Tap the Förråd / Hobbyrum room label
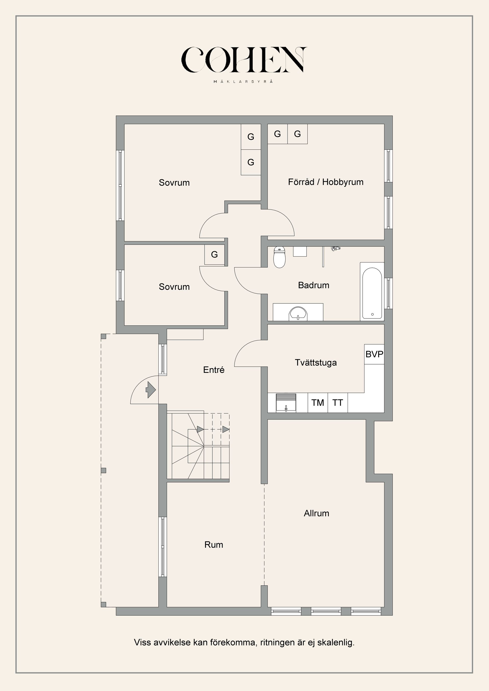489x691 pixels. pyautogui.click(x=325, y=182)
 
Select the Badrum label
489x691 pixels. pyautogui.click(x=314, y=285)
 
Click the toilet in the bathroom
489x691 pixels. pyautogui.click(x=279, y=258)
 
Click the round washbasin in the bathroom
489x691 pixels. pyautogui.click(x=298, y=314)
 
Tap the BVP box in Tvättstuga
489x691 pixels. pyautogui.click(x=374, y=354)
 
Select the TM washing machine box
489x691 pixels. pyautogui.click(x=318, y=403)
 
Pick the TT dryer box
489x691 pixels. pyautogui.click(x=337, y=403)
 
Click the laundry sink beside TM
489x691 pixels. pyautogui.click(x=286, y=403)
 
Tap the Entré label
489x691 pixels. pyautogui.click(x=214, y=370)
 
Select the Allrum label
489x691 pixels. pyautogui.click(x=316, y=513)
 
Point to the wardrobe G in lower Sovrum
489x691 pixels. pyautogui.click(x=214, y=255)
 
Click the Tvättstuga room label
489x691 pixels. pyautogui.click(x=316, y=363)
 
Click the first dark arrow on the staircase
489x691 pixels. pyautogui.click(x=200, y=429)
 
